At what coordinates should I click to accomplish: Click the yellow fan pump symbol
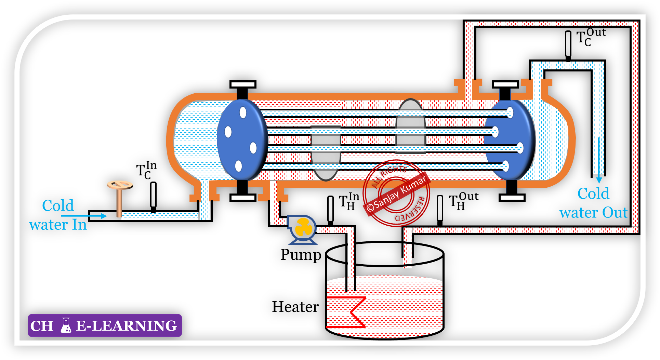point(303,227)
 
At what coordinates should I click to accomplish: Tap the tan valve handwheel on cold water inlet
point(120,185)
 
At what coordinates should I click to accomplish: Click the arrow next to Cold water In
point(84,216)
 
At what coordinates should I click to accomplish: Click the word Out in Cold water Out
point(615,213)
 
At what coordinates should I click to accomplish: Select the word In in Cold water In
point(79,225)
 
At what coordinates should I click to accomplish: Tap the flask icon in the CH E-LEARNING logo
point(66,325)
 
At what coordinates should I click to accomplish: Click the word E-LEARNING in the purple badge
point(126,326)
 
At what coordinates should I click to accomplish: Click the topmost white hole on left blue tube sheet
point(243,112)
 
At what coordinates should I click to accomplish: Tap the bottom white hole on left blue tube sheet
point(238,166)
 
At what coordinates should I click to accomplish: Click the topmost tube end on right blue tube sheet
point(510,112)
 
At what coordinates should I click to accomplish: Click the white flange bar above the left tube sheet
point(243,84)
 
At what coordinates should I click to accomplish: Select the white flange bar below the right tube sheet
point(512,197)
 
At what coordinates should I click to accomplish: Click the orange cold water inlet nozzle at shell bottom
point(205,193)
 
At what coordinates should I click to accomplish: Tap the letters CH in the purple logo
point(42,326)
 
